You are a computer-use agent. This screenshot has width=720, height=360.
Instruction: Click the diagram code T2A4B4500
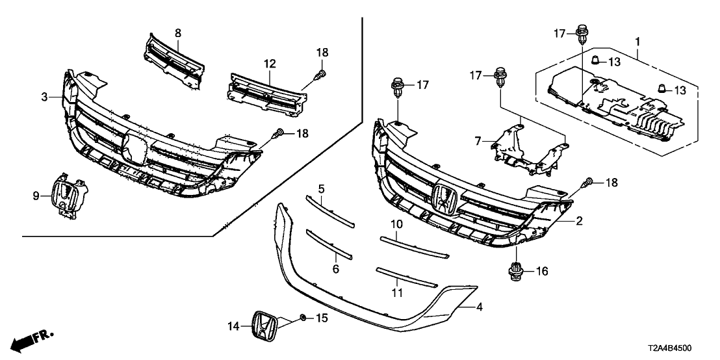tap(686, 348)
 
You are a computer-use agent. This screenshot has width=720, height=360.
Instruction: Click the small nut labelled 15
tap(302, 318)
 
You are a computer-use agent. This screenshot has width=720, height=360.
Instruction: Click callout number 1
tap(637, 41)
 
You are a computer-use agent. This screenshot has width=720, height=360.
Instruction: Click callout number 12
tap(270, 64)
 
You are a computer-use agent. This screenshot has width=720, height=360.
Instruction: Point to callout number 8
tap(178, 32)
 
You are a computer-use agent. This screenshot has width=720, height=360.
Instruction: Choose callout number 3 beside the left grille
tap(45, 97)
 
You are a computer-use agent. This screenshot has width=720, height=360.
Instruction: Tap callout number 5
tap(321, 188)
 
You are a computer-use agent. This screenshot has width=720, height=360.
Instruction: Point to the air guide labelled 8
tap(173, 59)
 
